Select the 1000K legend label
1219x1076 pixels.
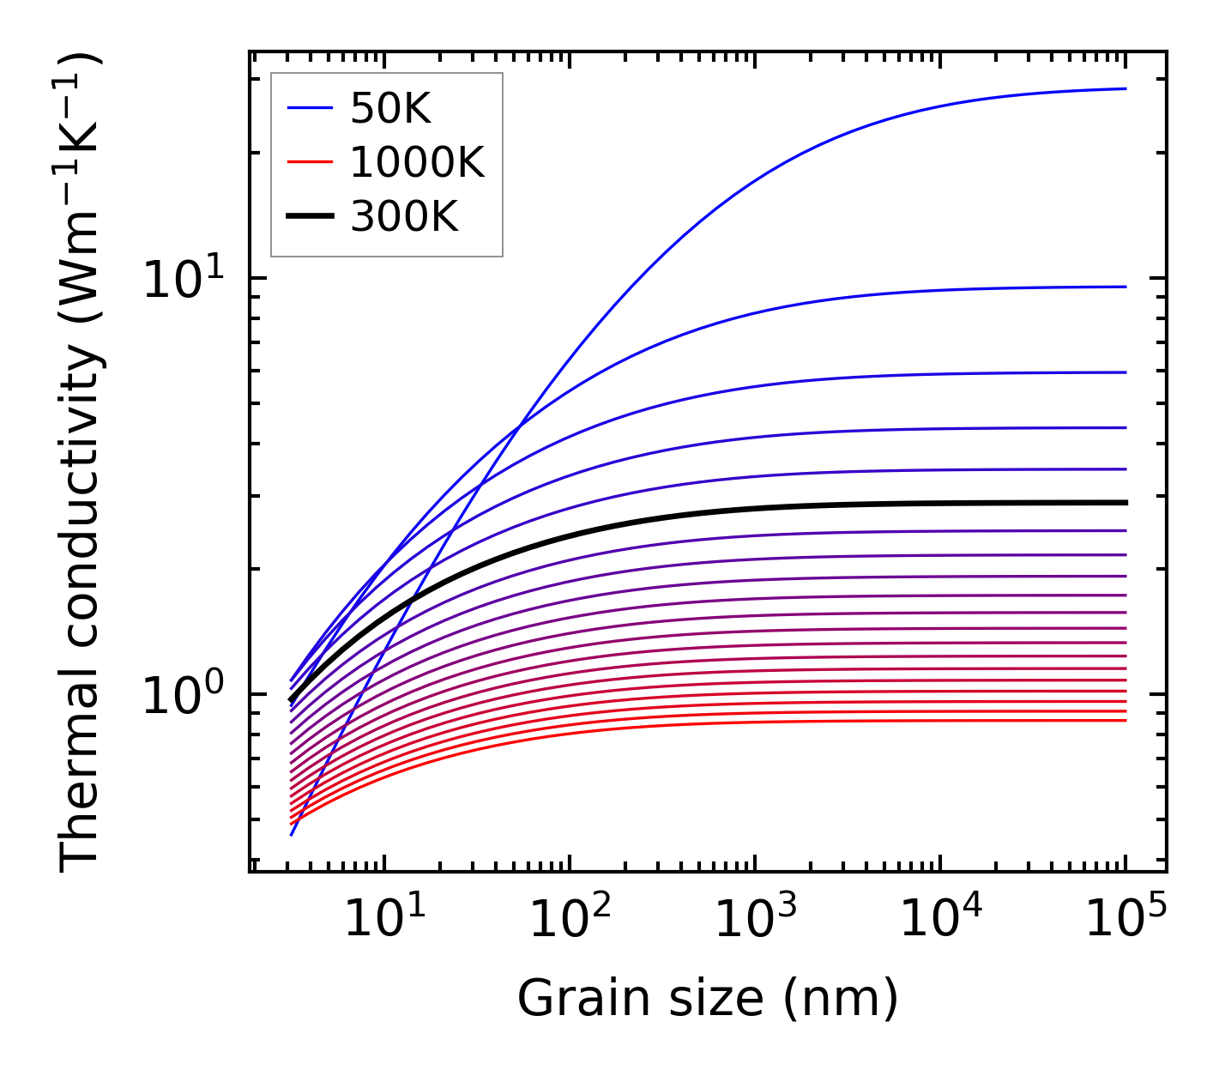pyautogui.click(x=417, y=162)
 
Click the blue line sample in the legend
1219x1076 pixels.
pyautogui.click(x=309, y=108)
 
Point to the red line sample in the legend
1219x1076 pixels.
pyautogui.click(x=309, y=162)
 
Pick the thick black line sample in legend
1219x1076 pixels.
pyautogui.click(x=309, y=216)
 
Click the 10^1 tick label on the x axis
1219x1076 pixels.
pyautogui.click(x=383, y=920)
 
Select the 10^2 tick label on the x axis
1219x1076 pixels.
pyautogui.click(x=570, y=920)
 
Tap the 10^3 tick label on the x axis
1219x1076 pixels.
pyautogui.click(x=755, y=920)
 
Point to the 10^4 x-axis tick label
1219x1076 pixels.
pyautogui.click(x=940, y=920)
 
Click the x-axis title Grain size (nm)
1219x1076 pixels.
pyautogui.click(x=708, y=999)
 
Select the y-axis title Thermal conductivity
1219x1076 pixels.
pyautogui.click(x=81, y=462)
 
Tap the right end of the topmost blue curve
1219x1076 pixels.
pyautogui.click(x=1125, y=88)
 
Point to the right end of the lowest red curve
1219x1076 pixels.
pyautogui.click(x=1125, y=720)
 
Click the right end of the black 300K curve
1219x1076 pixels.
pyautogui.click(x=1125, y=502)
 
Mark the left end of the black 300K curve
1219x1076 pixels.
pyautogui.click(x=292, y=700)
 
